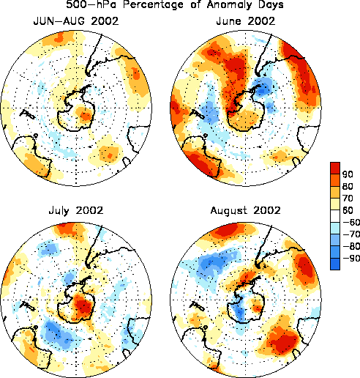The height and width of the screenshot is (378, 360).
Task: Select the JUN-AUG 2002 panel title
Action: (x=76, y=21)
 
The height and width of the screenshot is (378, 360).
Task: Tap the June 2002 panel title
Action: (x=246, y=21)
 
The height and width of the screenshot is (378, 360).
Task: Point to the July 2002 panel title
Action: (x=76, y=210)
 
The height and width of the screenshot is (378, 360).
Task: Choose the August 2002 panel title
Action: (x=246, y=210)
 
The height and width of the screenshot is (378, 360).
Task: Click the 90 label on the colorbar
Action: (x=348, y=174)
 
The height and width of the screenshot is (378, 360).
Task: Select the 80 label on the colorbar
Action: (x=348, y=186)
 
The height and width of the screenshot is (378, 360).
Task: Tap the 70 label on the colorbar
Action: (x=348, y=198)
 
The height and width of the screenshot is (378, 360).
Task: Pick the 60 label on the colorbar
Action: (x=348, y=210)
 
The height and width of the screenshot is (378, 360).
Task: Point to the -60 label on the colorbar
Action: (x=351, y=222)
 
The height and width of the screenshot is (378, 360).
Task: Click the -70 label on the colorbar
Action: (x=351, y=234)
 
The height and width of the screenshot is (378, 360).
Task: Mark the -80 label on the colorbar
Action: (x=351, y=246)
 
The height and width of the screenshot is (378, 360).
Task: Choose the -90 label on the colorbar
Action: (x=351, y=258)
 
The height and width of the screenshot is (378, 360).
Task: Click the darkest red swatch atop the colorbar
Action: (x=335, y=168)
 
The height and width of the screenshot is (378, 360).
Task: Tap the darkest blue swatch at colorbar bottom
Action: (x=335, y=264)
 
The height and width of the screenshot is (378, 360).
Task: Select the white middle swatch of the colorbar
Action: (x=335, y=216)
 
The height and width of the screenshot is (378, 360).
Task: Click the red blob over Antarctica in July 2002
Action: (x=83, y=305)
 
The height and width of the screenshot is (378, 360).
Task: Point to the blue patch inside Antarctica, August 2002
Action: (x=238, y=309)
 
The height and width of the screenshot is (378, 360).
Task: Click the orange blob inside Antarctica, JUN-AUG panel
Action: (x=84, y=114)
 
